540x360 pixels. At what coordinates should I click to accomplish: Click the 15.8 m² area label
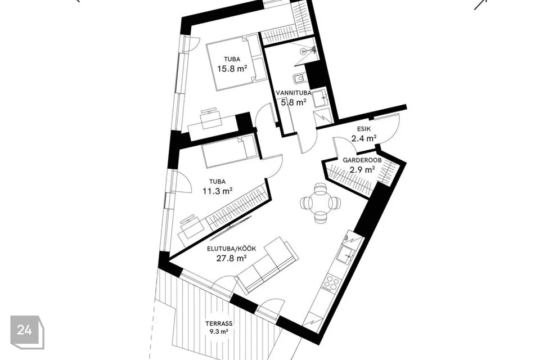point(232,69)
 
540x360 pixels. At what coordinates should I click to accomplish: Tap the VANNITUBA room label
point(294,93)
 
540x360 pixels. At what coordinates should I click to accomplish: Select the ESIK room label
point(364,129)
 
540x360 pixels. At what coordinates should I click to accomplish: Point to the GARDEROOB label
point(362,160)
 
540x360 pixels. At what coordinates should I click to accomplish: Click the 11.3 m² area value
point(217,191)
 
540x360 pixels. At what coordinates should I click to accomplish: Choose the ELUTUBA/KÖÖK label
point(231,249)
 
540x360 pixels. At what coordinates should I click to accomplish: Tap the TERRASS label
point(219,324)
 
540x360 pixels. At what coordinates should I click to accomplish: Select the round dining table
point(321,203)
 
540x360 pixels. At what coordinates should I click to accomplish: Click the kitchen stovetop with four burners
point(332,283)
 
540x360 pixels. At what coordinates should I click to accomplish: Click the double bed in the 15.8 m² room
point(237,62)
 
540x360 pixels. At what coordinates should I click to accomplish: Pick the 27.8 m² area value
point(231,258)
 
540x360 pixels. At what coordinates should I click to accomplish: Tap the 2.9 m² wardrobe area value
point(362,169)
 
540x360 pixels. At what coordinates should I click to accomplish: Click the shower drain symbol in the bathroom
point(303,52)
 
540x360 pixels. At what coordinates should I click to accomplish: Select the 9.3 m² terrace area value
point(219,332)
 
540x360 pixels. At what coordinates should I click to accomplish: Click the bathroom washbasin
point(323,98)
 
